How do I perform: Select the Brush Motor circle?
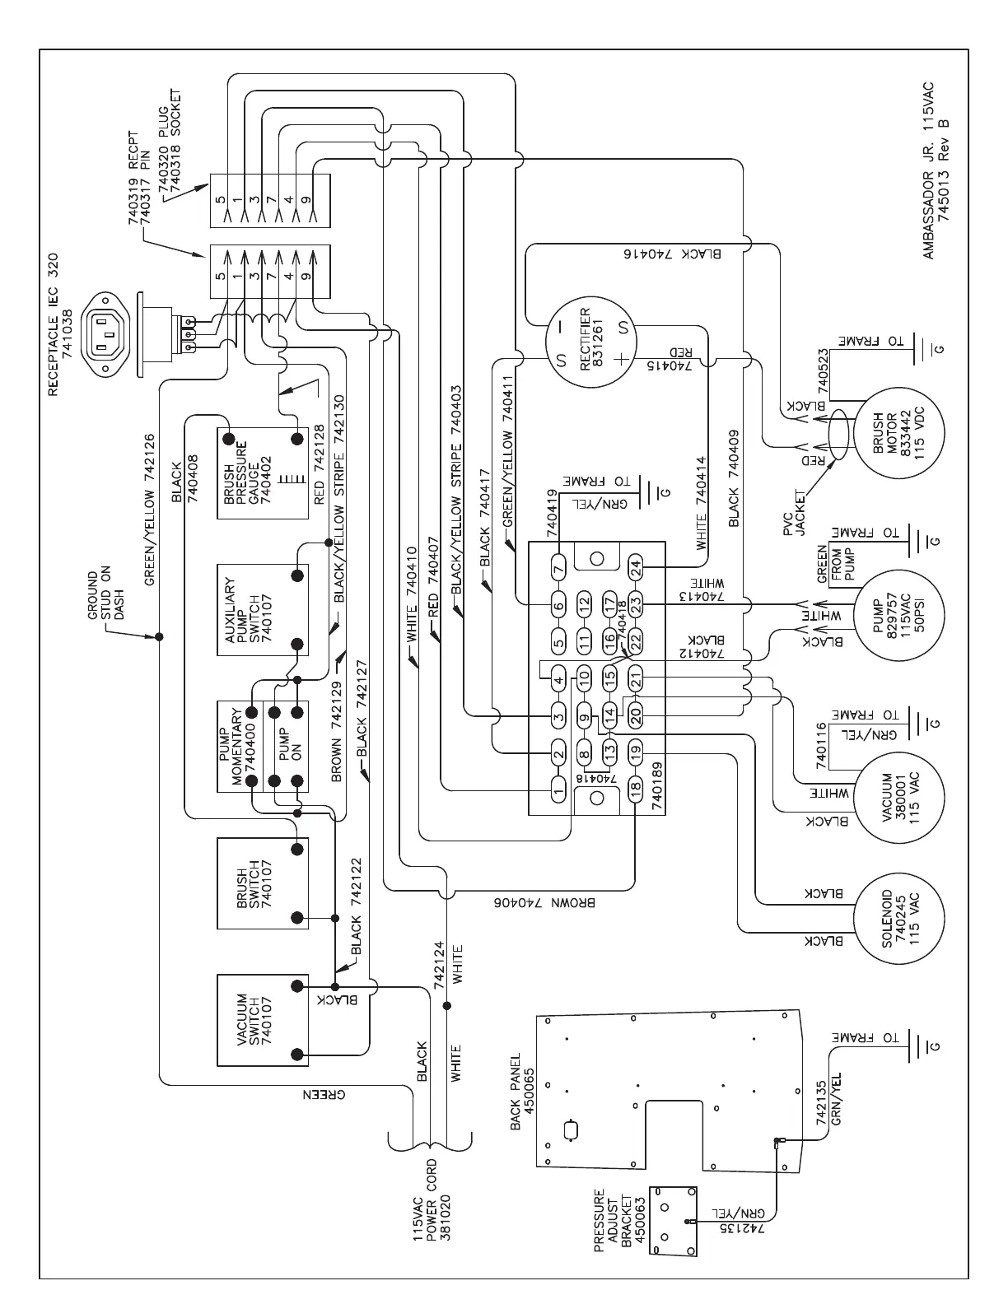point(899,433)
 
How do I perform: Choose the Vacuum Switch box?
point(262,1019)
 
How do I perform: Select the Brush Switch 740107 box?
point(262,883)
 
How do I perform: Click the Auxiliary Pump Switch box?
point(262,610)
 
